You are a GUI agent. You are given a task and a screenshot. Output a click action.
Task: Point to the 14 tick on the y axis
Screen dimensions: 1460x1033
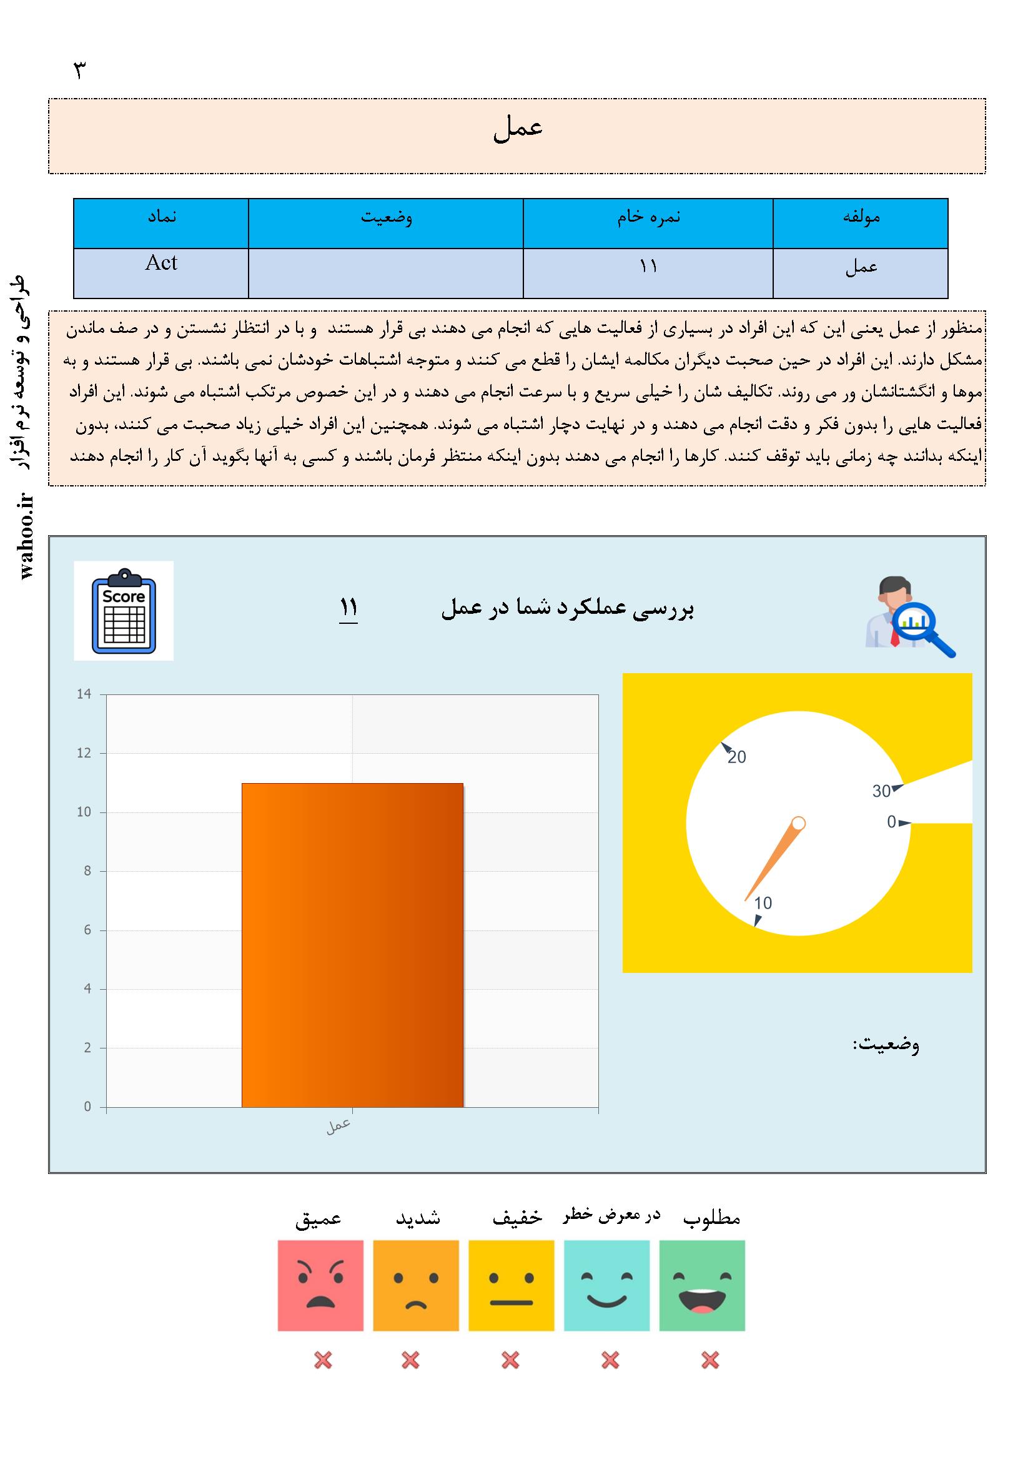pyautogui.click(x=84, y=694)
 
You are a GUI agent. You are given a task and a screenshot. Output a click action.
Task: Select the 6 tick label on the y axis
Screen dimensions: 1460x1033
pyautogui.click(x=88, y=930)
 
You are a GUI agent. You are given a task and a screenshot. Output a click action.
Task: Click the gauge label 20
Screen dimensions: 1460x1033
pyautogui.click(x=736, y=757)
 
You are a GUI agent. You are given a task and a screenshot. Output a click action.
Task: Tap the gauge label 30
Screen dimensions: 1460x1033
pyautogui.click(x=881, y=791)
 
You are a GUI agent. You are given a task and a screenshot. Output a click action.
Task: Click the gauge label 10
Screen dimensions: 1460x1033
pyautogui.click(x=763, y=903)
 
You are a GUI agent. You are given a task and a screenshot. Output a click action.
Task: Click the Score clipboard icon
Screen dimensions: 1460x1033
pyautogui.click(x=124, y=611)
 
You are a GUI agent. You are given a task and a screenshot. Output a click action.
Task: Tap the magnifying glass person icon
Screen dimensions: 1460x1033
pyautogui.click(x=909, y=616)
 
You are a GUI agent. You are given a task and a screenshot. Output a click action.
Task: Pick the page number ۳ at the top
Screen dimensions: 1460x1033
pyautogui.click(x=79, y=71)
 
